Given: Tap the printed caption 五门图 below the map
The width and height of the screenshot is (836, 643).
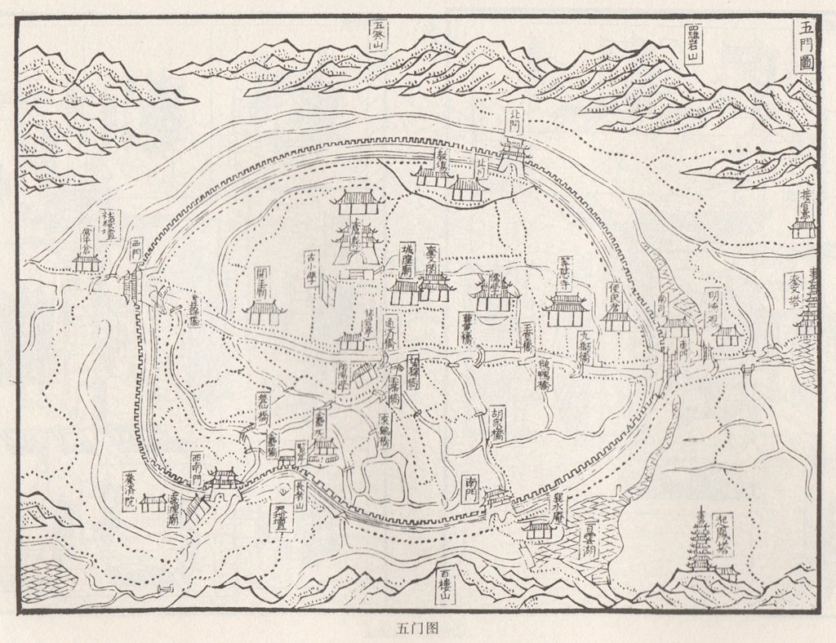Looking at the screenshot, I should (417, 628).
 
